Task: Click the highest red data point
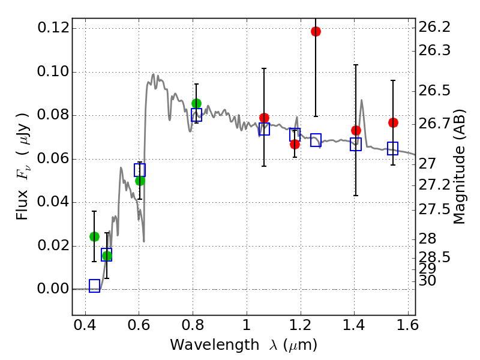(x=316, y=31)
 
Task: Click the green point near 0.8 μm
(x=196, y=104)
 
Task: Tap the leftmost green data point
(x=94, y=236)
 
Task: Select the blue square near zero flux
(x=94, y=286)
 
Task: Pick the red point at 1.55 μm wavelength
(x=393, y=122)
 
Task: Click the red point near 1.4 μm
(x=356, y=130)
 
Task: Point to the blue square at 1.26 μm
(x=316, y=140)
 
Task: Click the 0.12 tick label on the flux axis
(x=52, y=28)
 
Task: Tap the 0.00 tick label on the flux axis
(x=52, y=289)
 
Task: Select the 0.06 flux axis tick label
(x=52, y=159)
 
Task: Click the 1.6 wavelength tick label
(x=407, y=328)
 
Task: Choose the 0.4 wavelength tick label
(x=86, y=328)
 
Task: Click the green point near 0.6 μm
(x=140, y=181)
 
